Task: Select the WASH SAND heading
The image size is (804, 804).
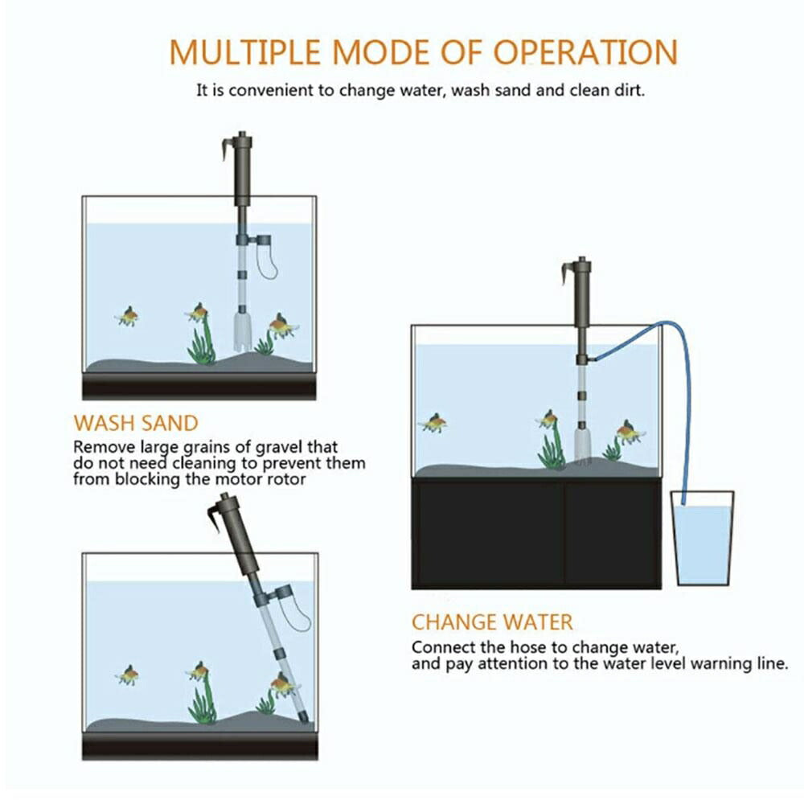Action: [x=135, y=423]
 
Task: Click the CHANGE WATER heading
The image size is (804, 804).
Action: [x=492, y=621]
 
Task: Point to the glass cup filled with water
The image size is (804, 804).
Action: [x=703, y=543]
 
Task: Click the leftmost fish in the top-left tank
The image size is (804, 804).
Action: [x=127, y=316]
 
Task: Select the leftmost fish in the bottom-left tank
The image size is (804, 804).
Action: [x=127, y=675]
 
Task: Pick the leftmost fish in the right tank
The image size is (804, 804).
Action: [x=434, y=423]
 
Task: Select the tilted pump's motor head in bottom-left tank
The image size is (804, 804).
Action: [x=238, y=535]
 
